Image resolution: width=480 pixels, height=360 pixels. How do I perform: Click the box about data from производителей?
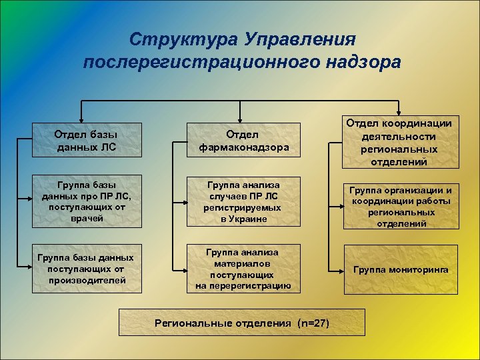click(87, 269)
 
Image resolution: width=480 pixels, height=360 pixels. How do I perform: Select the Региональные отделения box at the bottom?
click(242, 323)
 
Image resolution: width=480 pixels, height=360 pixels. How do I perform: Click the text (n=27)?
click(313, 323)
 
